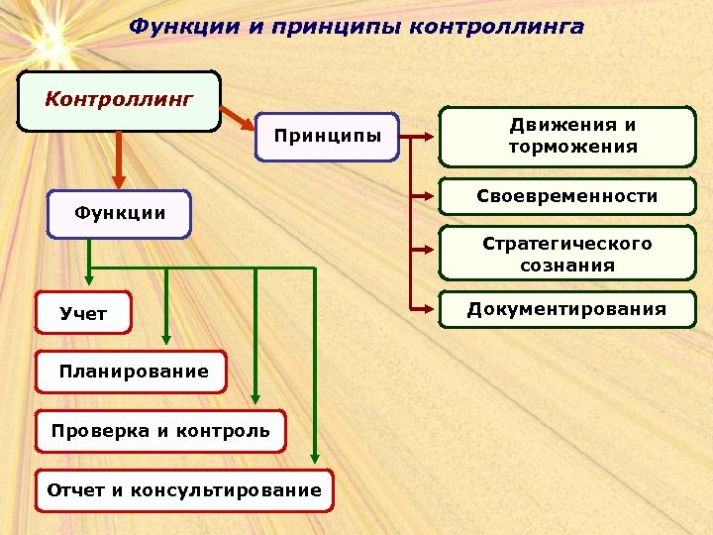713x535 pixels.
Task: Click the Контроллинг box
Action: pyautogui.click(x=119, y=100)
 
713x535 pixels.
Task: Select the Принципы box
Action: pyautogui.click(x=327, y=137)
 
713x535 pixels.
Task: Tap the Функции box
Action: pyautogui.click(x=119, y=214)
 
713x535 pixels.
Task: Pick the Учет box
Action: pyautogui.click(x=83, y=314)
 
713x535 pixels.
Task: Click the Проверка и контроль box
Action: pyautogui.click(x=160, y=431)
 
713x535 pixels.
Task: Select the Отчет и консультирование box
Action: pyautogui.click(x=184, y=489)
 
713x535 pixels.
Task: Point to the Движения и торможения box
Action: pyautogui.click(x=567, y=137)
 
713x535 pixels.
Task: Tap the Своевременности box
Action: pyautogui.click(x=567, y=197)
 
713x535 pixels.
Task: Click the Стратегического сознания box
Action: pyautogui.click(x=567, y=255)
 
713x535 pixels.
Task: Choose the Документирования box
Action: pyautogui.click(x=567, y=309)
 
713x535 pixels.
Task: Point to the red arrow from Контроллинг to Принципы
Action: pyautogui.click(x=239, y=117)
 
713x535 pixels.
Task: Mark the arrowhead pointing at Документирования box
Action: pyautogui.click(x=430, y=309)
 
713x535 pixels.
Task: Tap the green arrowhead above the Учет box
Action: pyautogui.click(x=89, y=283)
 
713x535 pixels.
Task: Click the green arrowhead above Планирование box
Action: pyautogui.click(x=166, y=340)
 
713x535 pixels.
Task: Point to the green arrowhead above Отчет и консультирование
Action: pyautogui.click(x=314, y=458)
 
